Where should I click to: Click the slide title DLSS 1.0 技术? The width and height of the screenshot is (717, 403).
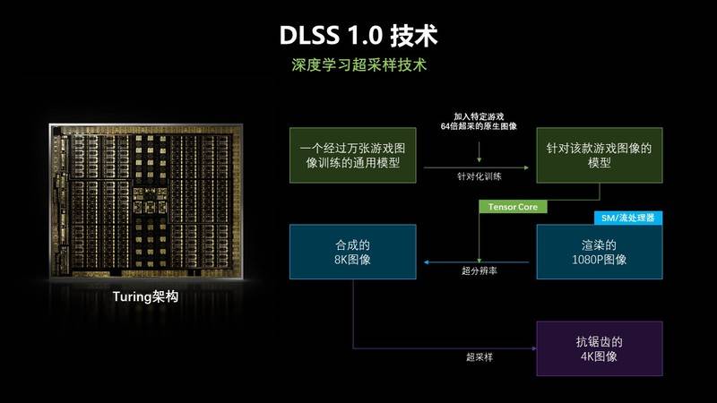tap(358, 35)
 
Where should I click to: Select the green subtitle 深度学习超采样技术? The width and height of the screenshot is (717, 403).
tap(359, 64)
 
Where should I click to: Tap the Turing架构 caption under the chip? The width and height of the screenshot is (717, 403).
tap(145, 296)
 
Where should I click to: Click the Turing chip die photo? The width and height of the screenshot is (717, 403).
tap(146, 200)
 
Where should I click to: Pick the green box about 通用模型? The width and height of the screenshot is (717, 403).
tap(352, 155)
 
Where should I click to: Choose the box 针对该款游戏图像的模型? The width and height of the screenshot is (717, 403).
tap(599, 155)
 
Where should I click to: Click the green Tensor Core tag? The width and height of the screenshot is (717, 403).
tap(513, 207)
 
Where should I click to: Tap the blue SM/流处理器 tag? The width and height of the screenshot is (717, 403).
tap(628, 218)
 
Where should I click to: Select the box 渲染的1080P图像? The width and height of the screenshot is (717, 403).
tap(599, 252)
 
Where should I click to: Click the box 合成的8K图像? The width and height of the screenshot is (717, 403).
tap(352, 252)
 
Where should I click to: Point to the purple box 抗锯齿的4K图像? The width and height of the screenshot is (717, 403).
tap(599, 348)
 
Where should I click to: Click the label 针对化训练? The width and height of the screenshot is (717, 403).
tap(479, 176)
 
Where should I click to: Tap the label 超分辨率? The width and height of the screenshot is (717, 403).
tap(479, 271)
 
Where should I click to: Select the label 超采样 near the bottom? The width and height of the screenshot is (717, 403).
tap(479, 356)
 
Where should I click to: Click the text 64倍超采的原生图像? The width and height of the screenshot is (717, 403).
tap(479, 126)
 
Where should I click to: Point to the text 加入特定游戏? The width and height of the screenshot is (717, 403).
tap(479, 116)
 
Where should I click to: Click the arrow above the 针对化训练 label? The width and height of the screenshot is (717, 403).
tap(476, 167)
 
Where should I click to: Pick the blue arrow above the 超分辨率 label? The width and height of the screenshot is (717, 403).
tap(476, 262)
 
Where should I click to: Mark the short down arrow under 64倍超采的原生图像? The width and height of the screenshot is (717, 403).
tap(479, 151)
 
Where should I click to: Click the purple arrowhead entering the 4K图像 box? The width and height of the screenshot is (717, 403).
tap(534, 348)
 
